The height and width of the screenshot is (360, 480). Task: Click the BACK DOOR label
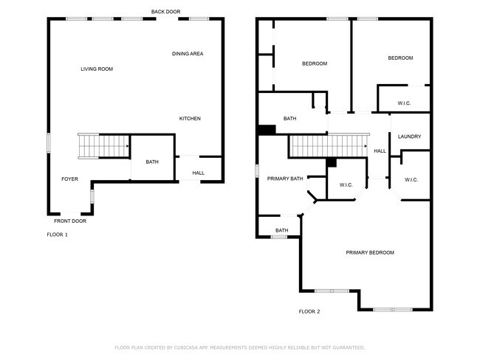coord(165,12)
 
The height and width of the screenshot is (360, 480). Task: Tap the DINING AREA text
coord(188,54)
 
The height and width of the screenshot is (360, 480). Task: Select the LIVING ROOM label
coord(97,69)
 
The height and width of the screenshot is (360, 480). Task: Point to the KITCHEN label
coord(190,119)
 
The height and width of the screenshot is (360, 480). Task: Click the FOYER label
coord(69,179)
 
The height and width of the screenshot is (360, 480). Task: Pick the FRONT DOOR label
coord(70,221)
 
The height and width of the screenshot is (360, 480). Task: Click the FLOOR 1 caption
coord(57,235)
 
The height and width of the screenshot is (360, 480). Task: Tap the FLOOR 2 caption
coord(309,312)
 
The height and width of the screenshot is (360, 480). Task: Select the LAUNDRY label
coord(409,137)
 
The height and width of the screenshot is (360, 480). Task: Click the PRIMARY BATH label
coord(285,179)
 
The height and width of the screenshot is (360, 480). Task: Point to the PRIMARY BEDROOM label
coord(370,253)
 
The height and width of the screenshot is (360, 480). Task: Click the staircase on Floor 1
coord(103,146)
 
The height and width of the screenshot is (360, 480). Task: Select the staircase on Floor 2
coord(328,146)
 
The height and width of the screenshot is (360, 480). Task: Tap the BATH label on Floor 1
coord(152,162)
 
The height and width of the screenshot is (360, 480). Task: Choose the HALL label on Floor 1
coord(199,173)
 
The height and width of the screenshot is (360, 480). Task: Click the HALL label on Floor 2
coord(380,151)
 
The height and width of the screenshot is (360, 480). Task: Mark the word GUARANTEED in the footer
coord(346,347)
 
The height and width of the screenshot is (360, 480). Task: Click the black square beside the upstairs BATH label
coord(267,130)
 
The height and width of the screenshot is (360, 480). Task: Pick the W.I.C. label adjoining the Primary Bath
coord(346,185)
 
